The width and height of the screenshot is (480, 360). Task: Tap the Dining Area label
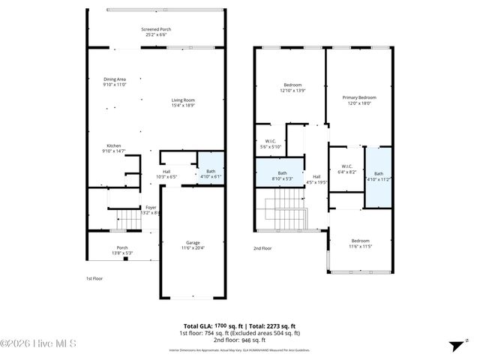115,82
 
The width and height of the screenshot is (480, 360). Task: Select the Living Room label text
182,102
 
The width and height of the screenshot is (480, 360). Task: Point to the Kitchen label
113,148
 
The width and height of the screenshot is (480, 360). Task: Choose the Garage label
193,245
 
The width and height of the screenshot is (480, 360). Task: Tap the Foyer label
151,210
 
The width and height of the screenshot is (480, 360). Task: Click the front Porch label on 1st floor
121,250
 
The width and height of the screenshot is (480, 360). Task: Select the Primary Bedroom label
358,100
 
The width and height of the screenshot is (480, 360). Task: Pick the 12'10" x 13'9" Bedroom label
292,88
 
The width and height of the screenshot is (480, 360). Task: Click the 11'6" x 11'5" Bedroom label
360,244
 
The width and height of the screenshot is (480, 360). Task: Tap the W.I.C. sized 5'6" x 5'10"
270,144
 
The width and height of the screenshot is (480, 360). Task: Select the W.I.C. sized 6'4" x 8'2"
346,169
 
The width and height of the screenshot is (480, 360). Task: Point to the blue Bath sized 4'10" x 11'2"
378,177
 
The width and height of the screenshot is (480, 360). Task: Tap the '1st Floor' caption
94,278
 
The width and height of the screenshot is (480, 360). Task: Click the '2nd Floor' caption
262,247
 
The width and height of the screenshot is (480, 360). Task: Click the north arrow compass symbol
454,345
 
